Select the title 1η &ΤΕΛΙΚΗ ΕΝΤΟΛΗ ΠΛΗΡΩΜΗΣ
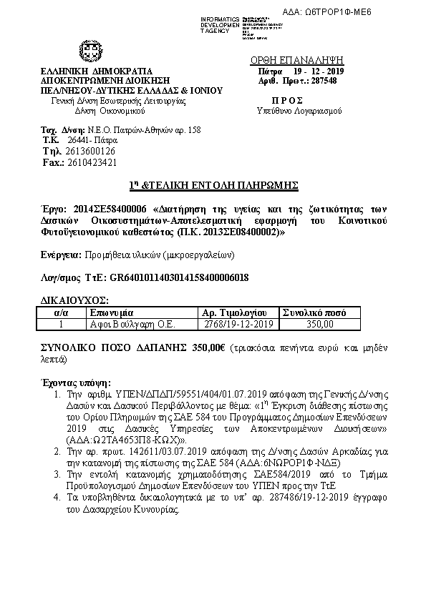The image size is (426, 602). click(213, 185)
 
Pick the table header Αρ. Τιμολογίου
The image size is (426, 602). click(234, 312)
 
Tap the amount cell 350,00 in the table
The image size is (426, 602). click(319, 323)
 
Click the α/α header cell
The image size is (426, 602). click(61, 312)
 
